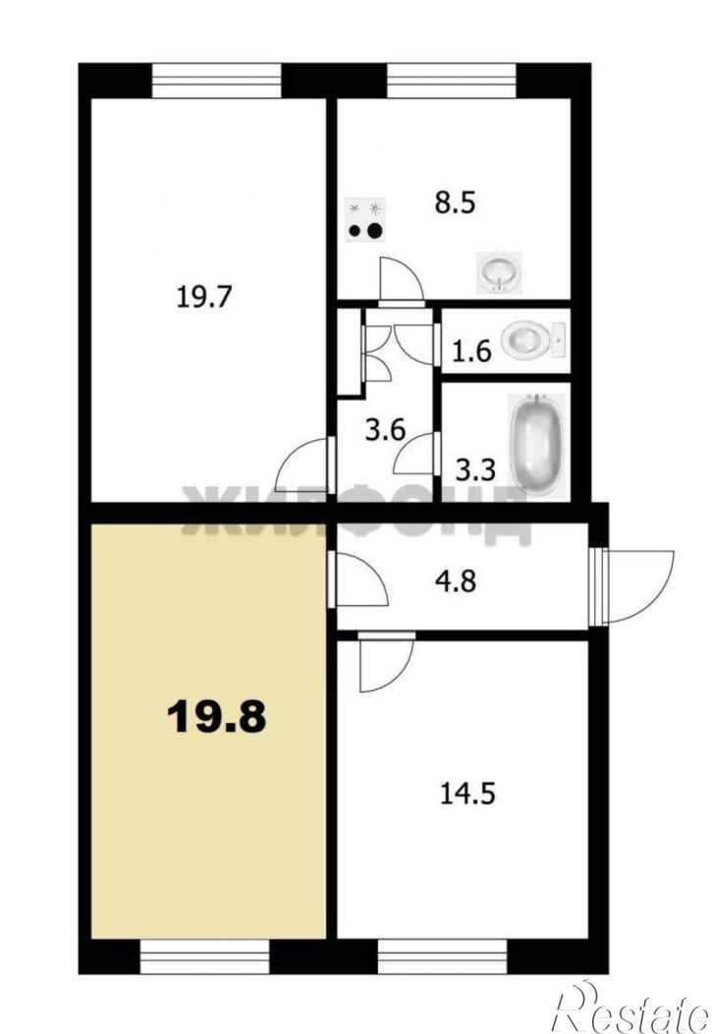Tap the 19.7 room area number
pos(203,297)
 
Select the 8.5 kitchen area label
pos(455,202)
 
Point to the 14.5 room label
pos(467,794)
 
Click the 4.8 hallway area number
pos(457,581)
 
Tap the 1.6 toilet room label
pos(471,351)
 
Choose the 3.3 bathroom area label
pos(476,470)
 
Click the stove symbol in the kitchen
pos(366,220)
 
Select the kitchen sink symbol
pos(500,272)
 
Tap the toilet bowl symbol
pos(532,341)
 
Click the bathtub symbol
pos(537,445)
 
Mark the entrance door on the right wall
pos(631,586)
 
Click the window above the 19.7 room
pos(217,81)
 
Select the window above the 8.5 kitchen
pos(451,81)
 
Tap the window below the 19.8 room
pos(205,956)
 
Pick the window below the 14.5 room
pos(442,956)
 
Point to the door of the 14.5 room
pos(386,662)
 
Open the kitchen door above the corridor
pos(402,281)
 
